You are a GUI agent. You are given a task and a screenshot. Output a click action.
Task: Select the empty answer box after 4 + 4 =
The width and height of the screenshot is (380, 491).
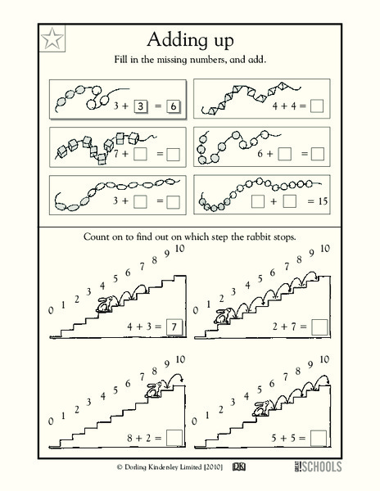point(317,105)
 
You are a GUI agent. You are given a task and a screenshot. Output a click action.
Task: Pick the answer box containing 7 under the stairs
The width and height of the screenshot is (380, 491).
point(171,327)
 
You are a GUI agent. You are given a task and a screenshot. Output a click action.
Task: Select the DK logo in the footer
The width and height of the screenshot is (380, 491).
point(239,467)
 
